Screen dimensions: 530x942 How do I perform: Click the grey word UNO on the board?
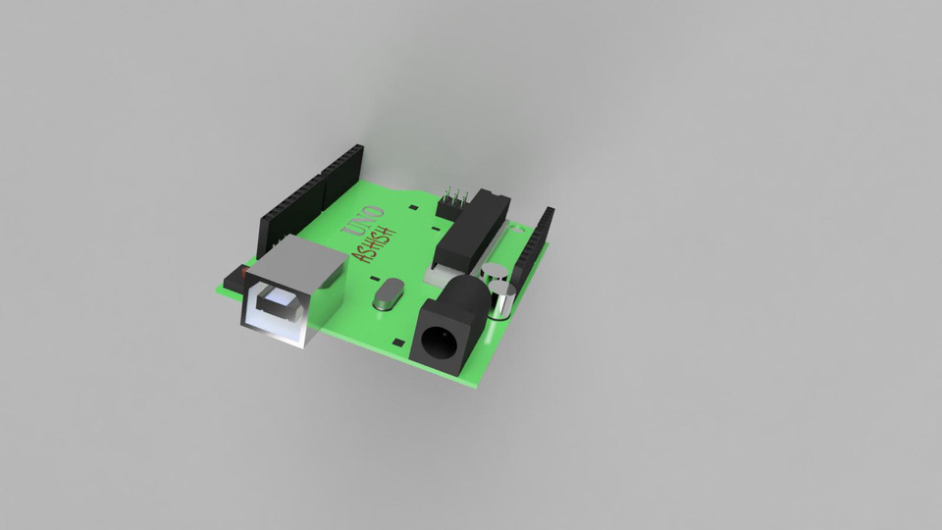(x=361, y=223)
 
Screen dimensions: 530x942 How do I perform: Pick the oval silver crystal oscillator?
(x=389, y=293)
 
